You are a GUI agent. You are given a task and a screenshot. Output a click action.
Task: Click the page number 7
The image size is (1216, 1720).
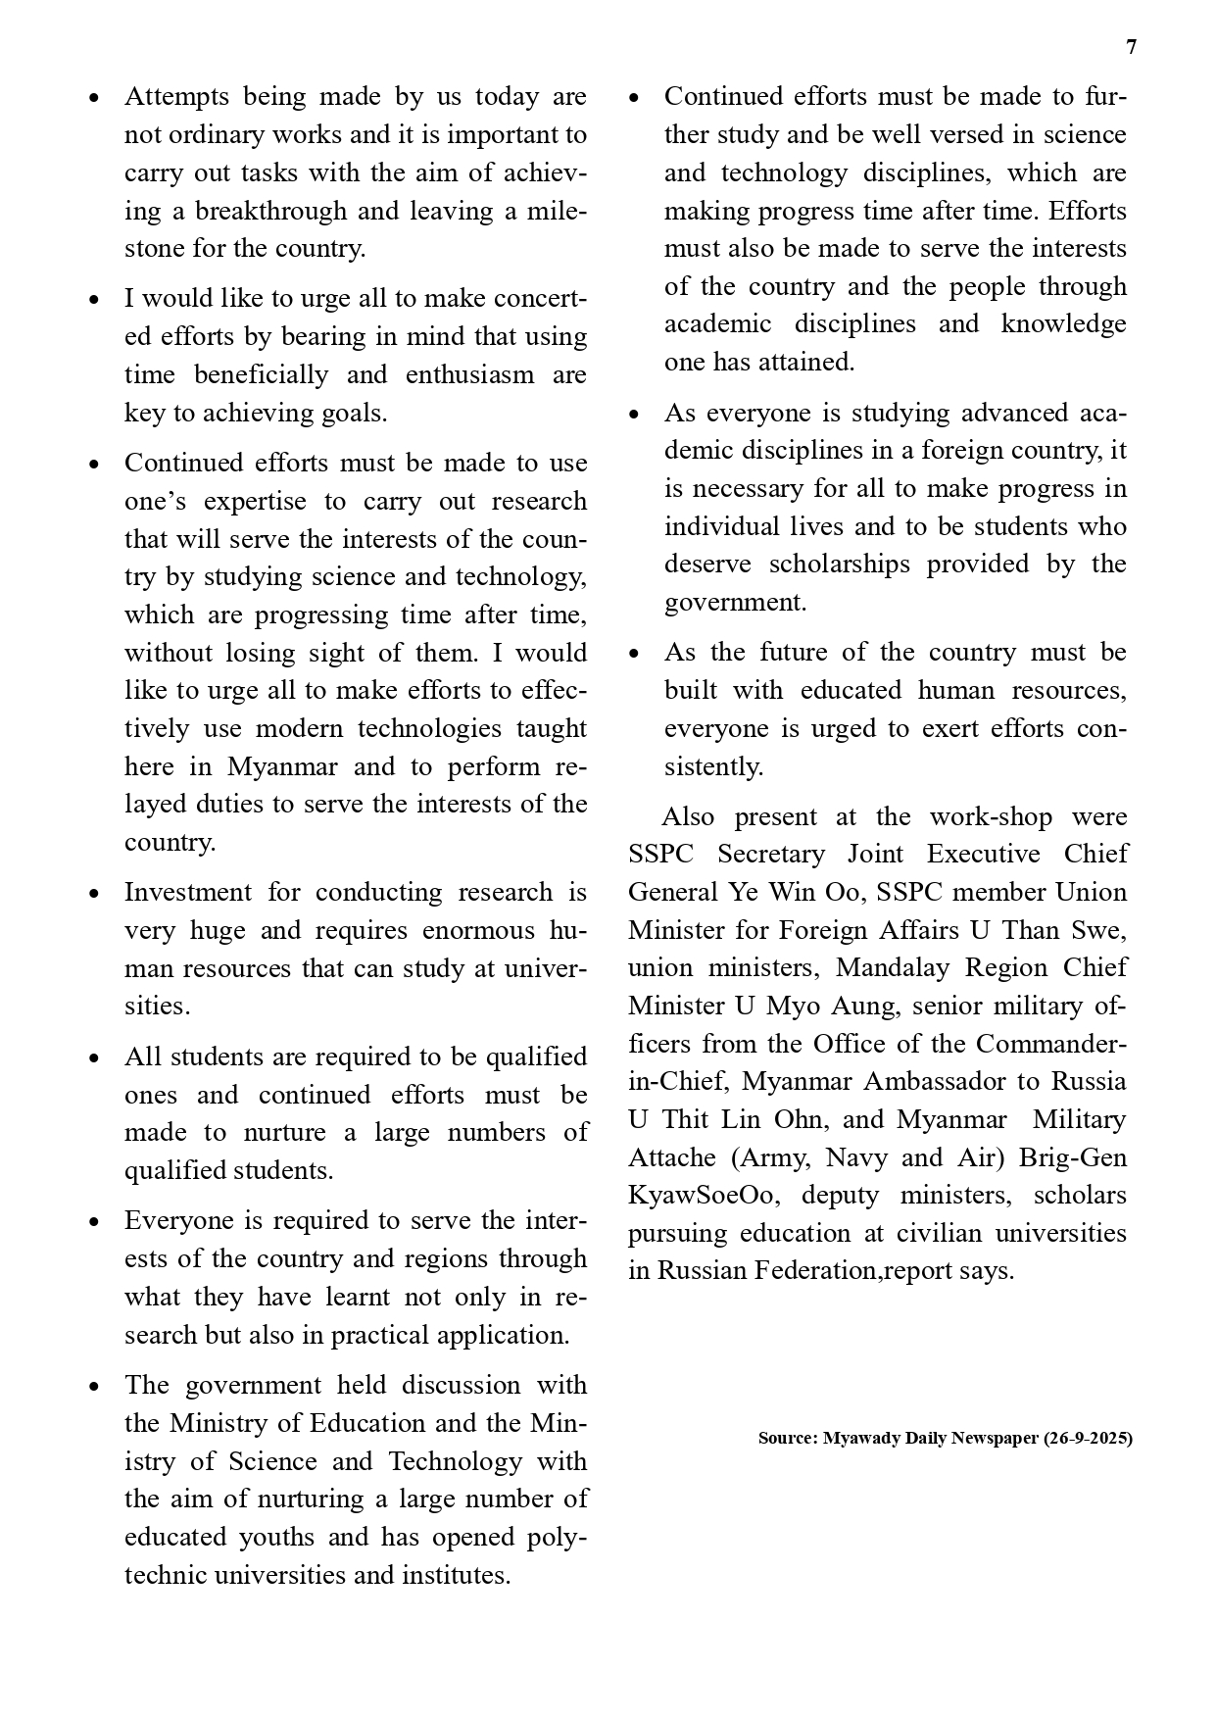pos(1132,47)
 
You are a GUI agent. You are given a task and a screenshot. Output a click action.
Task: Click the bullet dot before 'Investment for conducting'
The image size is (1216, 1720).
pos(94,894)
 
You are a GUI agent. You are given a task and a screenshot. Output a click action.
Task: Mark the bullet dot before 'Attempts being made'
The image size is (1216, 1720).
pos(94,98)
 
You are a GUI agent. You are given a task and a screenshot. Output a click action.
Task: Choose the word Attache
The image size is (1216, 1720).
pos(671,1157)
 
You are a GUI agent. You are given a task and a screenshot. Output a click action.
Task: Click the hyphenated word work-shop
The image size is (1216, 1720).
pos(991,816)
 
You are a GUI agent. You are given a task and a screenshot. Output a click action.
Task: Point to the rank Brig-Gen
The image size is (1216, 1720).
pos(1073,1157)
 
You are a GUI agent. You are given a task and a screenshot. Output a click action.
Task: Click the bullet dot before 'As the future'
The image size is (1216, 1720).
pos(634,654)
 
